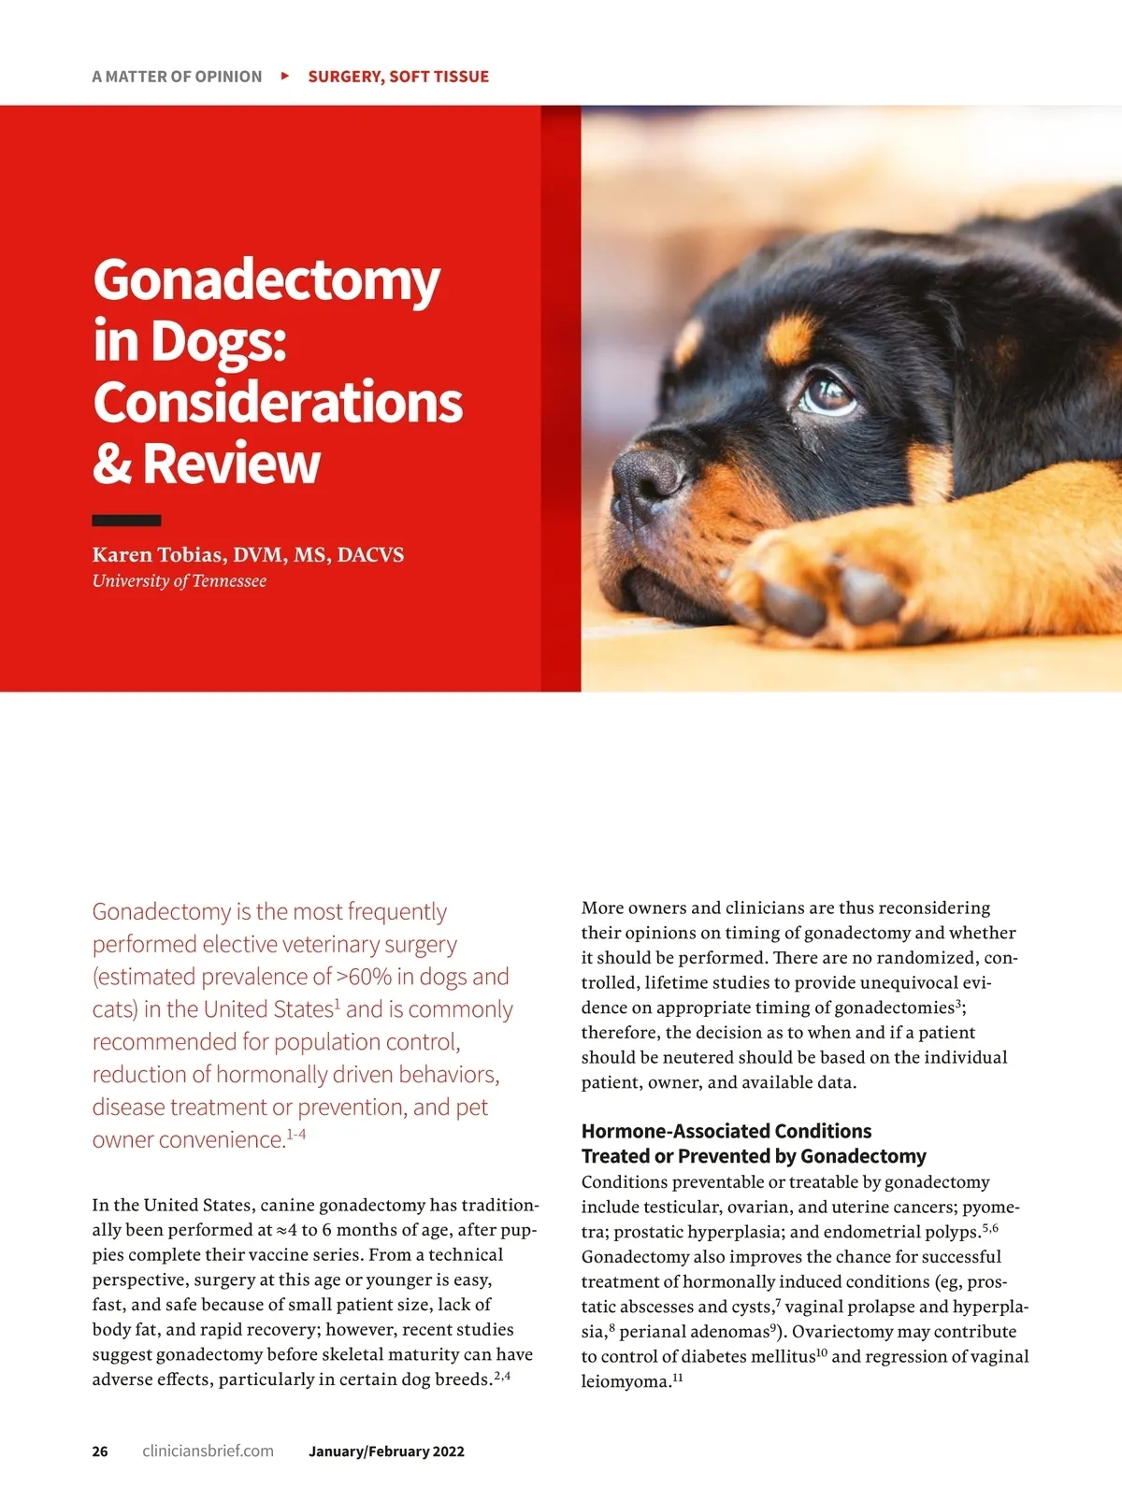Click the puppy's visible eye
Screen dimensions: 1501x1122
[x=826, y=393]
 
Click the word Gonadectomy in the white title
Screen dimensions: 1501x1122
[x=266, y=280]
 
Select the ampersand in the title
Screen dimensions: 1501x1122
[x=112, y=464]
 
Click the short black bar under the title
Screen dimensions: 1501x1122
[x=126, y=521]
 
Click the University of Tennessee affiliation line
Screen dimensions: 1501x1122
[x=179, y=581]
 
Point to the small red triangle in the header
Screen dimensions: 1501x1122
[x=285, y=76]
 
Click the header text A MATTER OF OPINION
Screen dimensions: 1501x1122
[x=177, y=77]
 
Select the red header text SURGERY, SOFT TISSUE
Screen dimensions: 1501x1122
[x=398, y=77]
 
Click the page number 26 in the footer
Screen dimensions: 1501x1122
[x=100, y=1451]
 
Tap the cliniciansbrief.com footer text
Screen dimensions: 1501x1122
[x=208, y=1451]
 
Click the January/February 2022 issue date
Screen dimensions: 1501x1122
[x=386, y=1451]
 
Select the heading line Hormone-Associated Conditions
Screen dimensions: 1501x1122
[x=726, y=1131]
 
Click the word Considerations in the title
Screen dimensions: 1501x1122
[x=278, y=403]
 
